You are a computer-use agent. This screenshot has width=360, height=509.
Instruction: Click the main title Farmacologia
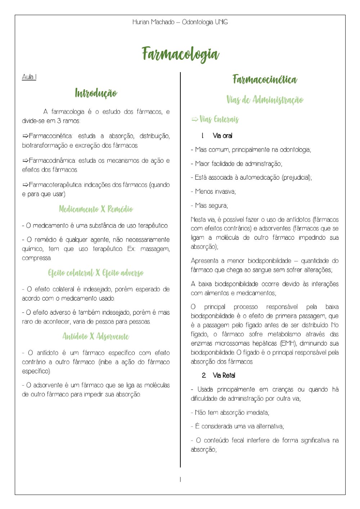pos(180,54)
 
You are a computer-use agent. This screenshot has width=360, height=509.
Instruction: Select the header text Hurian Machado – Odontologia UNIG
pos(180,22)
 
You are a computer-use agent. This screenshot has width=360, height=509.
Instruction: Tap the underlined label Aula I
pos(29,77)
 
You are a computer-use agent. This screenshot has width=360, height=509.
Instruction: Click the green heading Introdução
pos(96,93)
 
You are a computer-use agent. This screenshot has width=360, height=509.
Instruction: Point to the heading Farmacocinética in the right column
pos(265,79)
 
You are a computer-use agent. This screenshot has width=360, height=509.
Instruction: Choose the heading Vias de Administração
pos(265,100)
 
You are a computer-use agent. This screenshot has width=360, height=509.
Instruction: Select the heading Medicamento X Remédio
pos(96,209)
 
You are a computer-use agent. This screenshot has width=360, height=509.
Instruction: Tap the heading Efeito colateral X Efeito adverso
pos(96,273)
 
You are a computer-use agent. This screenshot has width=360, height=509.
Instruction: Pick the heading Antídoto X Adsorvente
pos(96,337)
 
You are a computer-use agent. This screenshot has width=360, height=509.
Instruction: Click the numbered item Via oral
pos(222,136)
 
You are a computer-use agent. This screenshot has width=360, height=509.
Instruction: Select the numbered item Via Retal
pos(224,375)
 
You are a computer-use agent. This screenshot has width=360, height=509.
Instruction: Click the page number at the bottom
pos(180,479)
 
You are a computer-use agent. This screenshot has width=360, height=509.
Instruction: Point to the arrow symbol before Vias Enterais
pos(195,119)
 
